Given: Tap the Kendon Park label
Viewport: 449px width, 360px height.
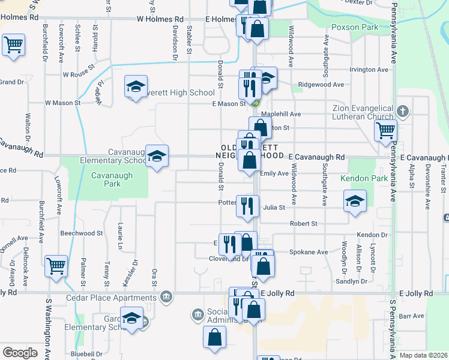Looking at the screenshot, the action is pos(364,178).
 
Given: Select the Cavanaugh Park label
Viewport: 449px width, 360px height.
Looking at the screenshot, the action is pos(106,179).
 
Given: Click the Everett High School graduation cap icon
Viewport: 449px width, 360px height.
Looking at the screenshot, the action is pos(136,88).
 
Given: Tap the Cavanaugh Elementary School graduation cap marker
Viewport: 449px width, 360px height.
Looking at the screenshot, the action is pos(157,157).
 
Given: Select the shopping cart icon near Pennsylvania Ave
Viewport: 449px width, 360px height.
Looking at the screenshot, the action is pos(385,130).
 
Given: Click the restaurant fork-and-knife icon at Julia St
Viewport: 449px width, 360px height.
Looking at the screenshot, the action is pos(247,206).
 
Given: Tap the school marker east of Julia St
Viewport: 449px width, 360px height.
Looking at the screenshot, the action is pos(355,201).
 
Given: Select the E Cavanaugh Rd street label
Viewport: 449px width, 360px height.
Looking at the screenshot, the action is pos(316,157).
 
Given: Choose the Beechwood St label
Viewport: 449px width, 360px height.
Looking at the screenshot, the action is pos(82,232).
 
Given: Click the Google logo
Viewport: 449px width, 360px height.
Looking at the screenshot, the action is pos(20,353).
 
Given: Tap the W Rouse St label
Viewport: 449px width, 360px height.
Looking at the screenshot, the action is pos(79,75).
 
